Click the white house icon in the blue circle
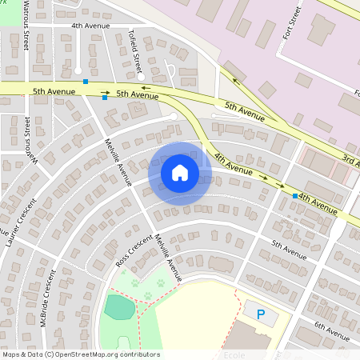[179, 172]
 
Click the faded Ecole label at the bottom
[234, 354]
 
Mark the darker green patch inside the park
[119, 307]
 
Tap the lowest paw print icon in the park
[148, 295]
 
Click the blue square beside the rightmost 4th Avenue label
[295, 195]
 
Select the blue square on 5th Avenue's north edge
[86, 82]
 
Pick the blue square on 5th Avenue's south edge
[105, 98]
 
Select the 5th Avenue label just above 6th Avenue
[289, 250]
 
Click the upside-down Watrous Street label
[28, 138]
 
